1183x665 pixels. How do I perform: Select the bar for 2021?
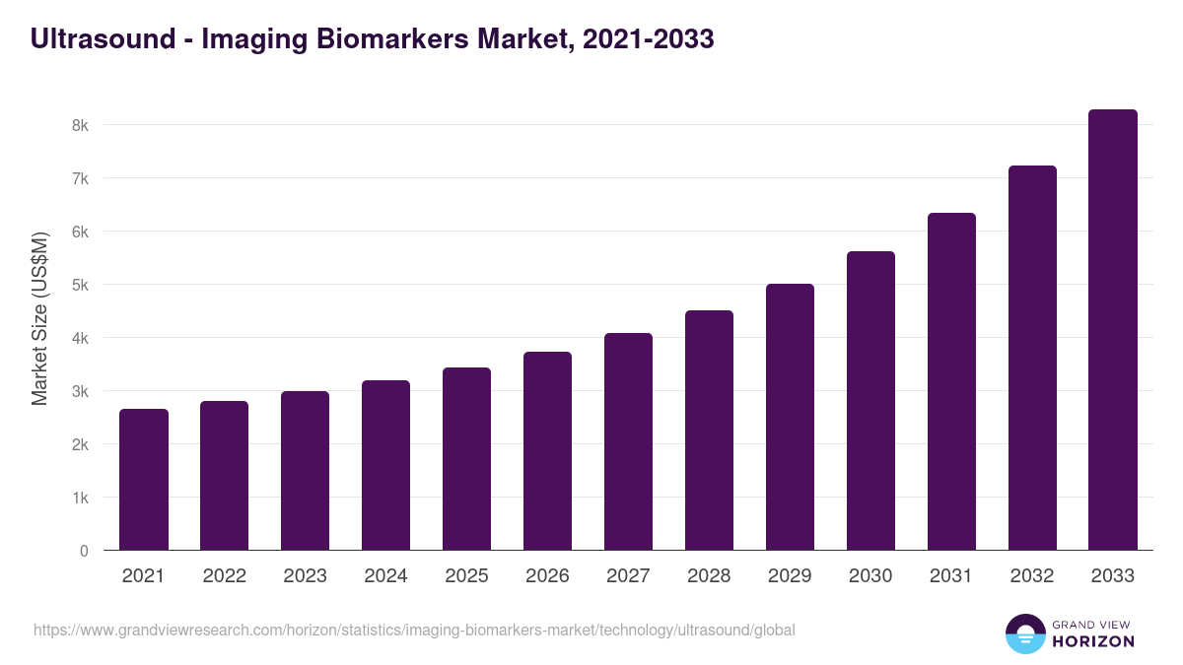click(x=144, y=480)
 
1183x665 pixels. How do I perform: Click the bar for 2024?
click(x=385, y=465)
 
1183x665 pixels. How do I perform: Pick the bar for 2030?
click(x=870, y=401)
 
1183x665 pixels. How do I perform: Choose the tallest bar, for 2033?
click(x=1113, y=330)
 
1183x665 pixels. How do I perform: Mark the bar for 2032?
click(x=1032, y=358)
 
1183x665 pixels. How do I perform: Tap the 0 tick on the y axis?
click(x=84, y=551)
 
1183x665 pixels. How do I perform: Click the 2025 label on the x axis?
click(x=466, y=576)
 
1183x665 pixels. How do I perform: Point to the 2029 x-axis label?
click(x=790, y=576)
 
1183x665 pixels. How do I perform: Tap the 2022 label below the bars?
click(x=224, y=576)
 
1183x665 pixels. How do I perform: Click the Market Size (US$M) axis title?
click(x=39, y=318)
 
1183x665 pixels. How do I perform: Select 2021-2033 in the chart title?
click(x=649, y=39)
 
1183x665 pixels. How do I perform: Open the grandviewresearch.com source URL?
click(x=414, y=631)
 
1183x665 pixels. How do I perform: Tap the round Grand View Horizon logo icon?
click(x=1025, y=633)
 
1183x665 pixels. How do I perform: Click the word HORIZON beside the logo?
click(x=1093, y=641)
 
